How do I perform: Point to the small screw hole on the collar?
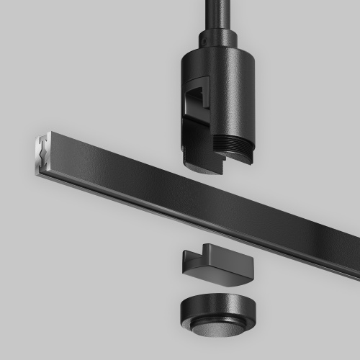(x=204, y=44)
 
